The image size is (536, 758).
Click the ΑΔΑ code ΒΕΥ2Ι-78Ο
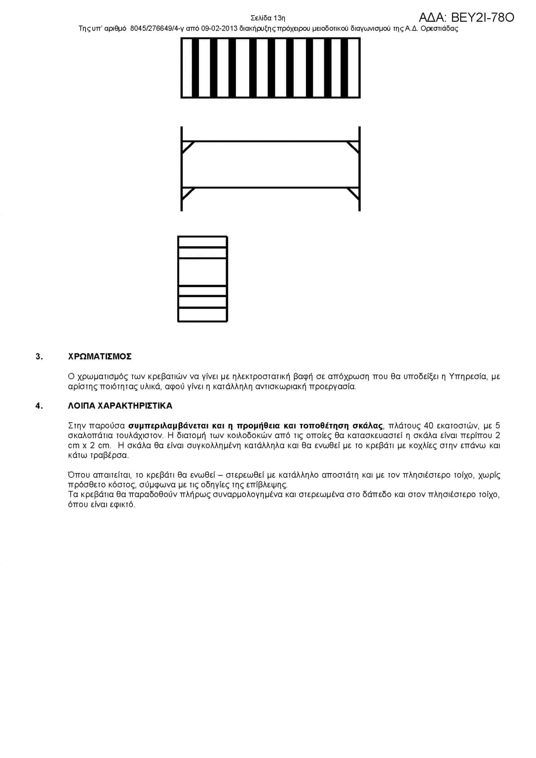[466, 17]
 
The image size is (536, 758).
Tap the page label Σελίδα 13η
[268, 18]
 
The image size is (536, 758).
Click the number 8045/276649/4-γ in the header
[155, 29]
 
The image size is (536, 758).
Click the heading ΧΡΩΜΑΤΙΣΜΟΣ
[100, 356]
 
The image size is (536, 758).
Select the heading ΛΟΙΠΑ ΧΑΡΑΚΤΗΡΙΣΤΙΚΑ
[120, 406]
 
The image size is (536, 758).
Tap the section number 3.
[39, 356]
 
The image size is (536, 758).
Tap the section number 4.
[39, 406]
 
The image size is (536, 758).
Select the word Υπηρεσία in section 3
[467, 377]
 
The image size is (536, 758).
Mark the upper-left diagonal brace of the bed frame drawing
[188, 147]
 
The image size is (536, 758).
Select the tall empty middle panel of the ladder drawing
[202, 272]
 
